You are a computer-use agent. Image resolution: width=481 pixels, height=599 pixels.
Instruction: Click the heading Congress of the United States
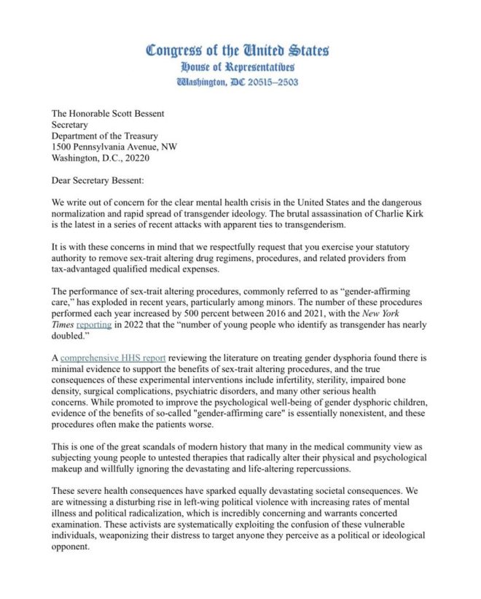point(238,50)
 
